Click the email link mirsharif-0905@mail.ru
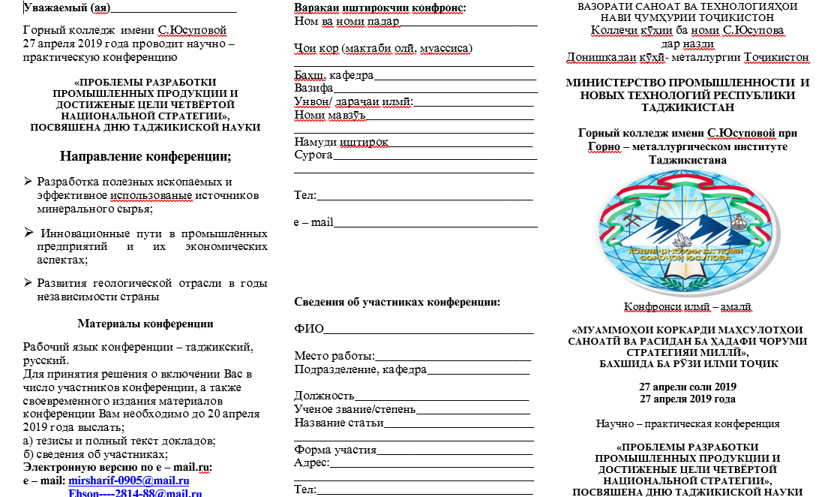(128, 480)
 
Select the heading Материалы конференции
(145, 324)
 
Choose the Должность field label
(324, 395)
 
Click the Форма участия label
(335, 450)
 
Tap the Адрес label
(311, 462)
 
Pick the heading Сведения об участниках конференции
(397, 303)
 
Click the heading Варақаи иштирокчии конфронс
(379, 8)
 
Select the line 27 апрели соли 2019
(688, 387)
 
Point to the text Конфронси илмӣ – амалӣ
(688, 306)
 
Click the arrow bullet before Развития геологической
(28, 282)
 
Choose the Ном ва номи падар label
(346, 20)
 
